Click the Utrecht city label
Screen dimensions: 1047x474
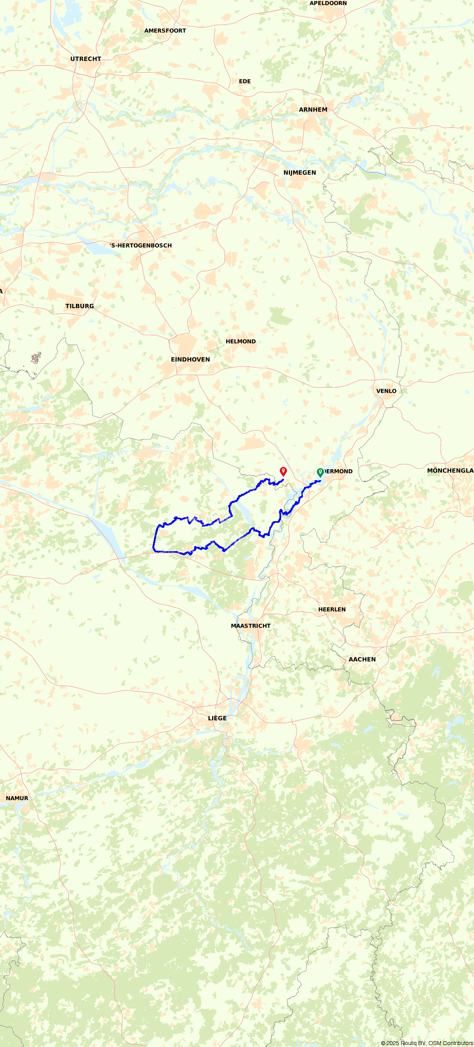pyautogui.click(x=86, y=59)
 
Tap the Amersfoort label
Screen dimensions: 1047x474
pyautogui.click(x=165, y=31)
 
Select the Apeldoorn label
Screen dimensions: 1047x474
pyautogui.click(x=328, y=3)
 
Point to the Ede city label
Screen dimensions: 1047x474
pyautogui.click(x=244, y=82)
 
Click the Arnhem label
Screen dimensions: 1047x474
pyautogui.click(x=313, y=110)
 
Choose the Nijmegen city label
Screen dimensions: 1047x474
pyautogui.click(x=299, y=173)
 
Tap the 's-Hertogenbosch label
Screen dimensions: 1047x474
pyautogui.click(x=141, y=245)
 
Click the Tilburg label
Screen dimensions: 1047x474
pyautogui.click(x=80, y=307)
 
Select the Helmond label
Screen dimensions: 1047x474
pyautogui.click(x=241, y=342)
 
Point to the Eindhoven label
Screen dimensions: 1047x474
pyautogui.click(x=190, y=360)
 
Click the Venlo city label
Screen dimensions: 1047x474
pyautogui.click(x=386, y=391)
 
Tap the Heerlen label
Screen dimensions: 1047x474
pyautogui.click(x=332, y=610)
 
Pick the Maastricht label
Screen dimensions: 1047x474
pyautogui.click(x=251, y=626)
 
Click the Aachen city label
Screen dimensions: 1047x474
pyautogui.click(x=362, y=660)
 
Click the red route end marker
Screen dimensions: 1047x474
pyautogui.click(x=283, y=472)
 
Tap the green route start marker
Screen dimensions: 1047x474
pyautogui.click(x=320, y=472)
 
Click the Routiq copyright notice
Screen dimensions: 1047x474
pyautogui.click(x=426, y=1043)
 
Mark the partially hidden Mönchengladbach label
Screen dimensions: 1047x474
pyautogui.click(x=450, y=471)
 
